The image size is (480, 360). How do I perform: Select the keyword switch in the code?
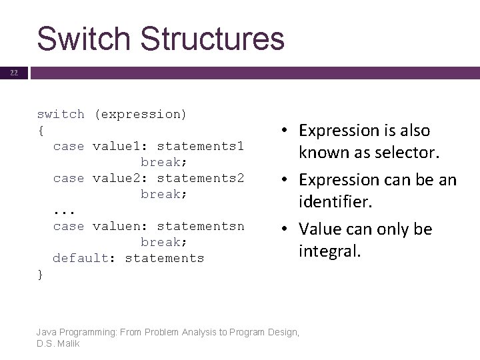point(61,114)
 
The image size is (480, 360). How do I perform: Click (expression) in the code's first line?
point(140,114)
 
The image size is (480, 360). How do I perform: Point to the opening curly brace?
point(41,130)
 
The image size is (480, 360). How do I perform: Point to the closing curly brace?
point(41,274)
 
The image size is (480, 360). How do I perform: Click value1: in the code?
point(117,146)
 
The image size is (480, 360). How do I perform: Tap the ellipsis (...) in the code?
point(65,211)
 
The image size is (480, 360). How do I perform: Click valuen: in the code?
point(117,226)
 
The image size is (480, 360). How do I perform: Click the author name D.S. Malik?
point(59,344)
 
